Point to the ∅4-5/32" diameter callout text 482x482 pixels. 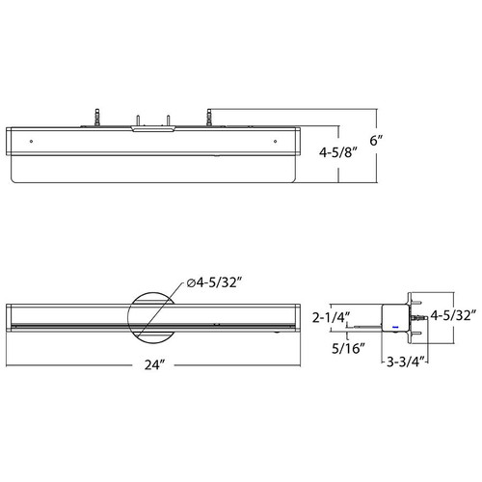[x=214, y=282]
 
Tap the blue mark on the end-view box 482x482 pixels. [x=393, y=327]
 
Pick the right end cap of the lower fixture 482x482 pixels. [x=295, y=318]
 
